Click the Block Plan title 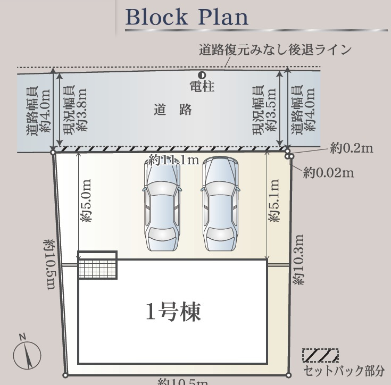[187, 17]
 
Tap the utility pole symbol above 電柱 [202, 75]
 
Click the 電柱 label [202, 86]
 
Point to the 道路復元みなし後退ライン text [275, 50]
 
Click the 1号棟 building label [173, 312]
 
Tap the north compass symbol [27, 354]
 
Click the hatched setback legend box [320, 355]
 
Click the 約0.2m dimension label [351, 148]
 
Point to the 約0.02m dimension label [328, 172]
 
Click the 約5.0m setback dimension [87, 200]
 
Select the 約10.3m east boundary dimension [298, 260]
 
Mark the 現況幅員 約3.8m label [75, 110]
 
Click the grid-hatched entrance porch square [97, 265]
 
